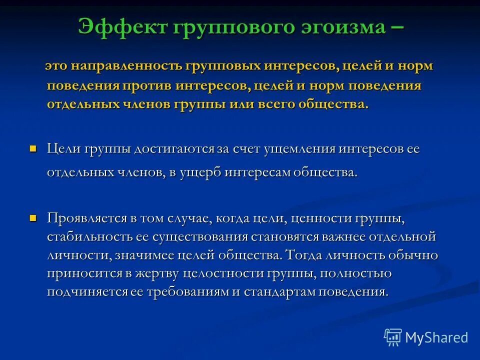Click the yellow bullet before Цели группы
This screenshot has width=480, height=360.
point(33,148)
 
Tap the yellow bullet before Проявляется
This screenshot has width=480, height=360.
point(33,218)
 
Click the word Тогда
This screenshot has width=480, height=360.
point(304,255)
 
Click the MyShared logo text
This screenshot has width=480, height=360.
point(436,337)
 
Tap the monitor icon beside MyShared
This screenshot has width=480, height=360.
point(392,337)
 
